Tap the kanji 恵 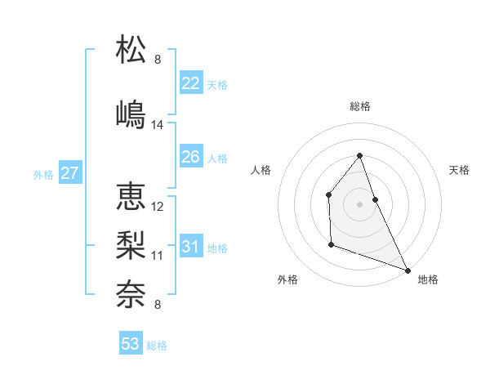(131, 197)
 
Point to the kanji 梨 (131, 245)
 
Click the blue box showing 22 (191, 83)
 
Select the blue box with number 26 (191, 157)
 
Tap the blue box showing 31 (191, 247)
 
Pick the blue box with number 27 (69, 173)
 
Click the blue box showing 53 (131, 344)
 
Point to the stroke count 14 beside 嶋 (158, 125)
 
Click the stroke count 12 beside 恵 (158, 207)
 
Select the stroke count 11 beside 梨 (158, 256)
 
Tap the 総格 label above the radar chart (360, 106)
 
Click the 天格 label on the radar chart (459, 170)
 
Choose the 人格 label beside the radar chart (261, 170)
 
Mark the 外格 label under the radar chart (287, 280)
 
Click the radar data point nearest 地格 (408, 270)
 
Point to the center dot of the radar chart (360, 203)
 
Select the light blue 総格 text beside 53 (158, 346)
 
